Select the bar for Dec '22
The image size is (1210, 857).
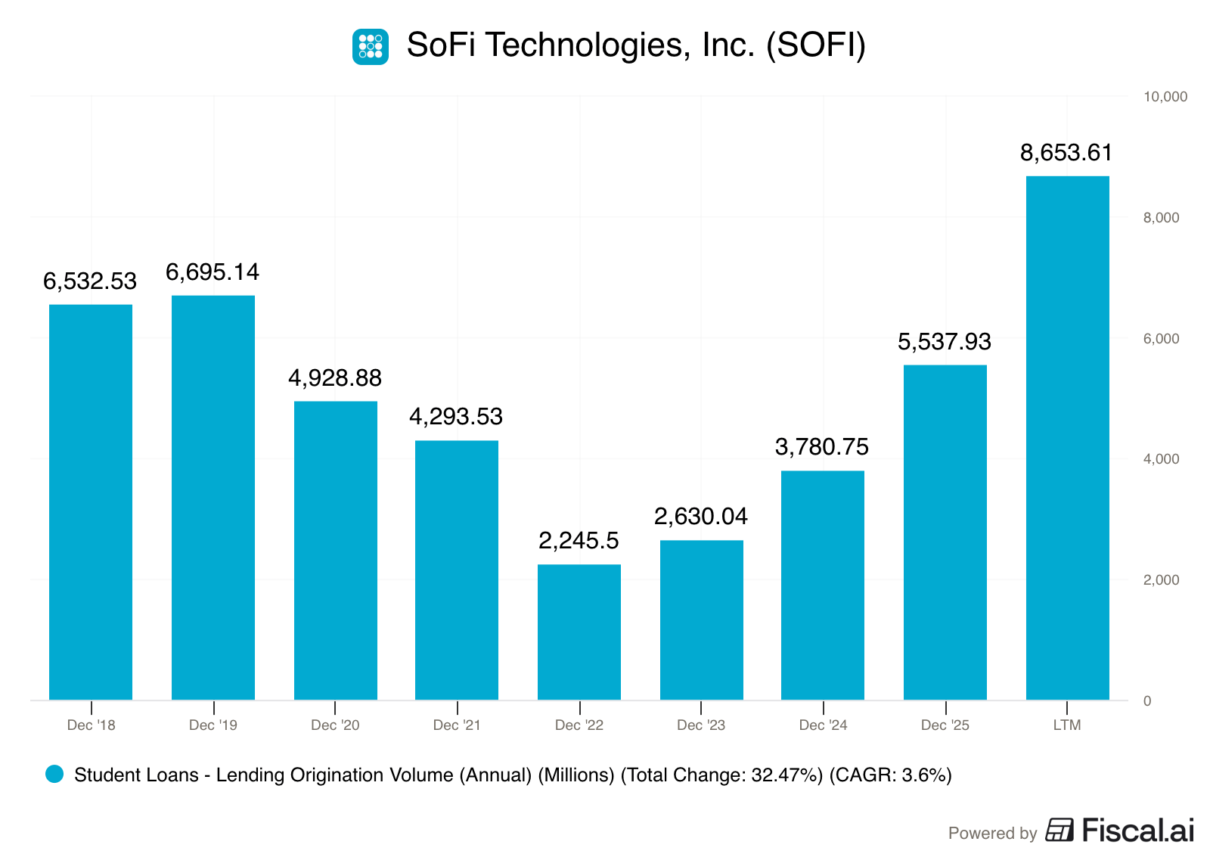point(579,632)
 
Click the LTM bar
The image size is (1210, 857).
point(1067,438)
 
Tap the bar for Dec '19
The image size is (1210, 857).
point(213,498)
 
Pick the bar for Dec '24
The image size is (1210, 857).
point(823,585)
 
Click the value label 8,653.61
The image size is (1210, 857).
point(1066,153)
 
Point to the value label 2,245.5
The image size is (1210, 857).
point(579,541)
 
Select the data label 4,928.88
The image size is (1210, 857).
point(335,378)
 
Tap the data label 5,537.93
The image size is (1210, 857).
point(945,342)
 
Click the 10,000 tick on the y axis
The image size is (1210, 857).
point(1165,97)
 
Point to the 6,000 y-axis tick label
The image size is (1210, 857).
point(1162,339)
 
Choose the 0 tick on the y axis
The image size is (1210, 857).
point(1147,701)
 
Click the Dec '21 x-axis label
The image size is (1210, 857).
point(457,725)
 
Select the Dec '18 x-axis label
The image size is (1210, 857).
point(92,725)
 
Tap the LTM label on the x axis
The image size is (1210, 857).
point(1067,725)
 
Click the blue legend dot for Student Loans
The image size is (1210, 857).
point(54,774)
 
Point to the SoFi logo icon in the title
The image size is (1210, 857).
point(371,47)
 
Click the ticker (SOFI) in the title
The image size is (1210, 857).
point(816,45)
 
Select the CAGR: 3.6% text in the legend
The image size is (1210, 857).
point(890,775)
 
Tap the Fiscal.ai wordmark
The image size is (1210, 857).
point(1138,831)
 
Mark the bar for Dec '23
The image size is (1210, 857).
point(702,620)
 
